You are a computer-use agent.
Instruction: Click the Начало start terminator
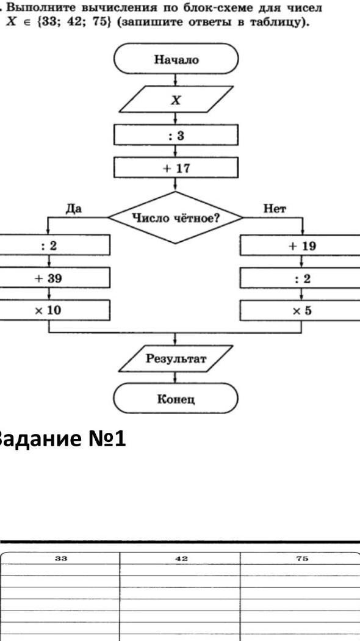tap(176, 59)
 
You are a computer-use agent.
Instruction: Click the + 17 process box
tap(176, 168)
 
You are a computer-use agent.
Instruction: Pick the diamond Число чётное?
tap(176, 217)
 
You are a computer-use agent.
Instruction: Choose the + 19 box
tap(301, 245)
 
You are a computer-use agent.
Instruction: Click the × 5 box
tap(301, 310)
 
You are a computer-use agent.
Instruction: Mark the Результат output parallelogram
tap(176, 359)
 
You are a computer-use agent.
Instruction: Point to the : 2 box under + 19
tap(301, 278)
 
